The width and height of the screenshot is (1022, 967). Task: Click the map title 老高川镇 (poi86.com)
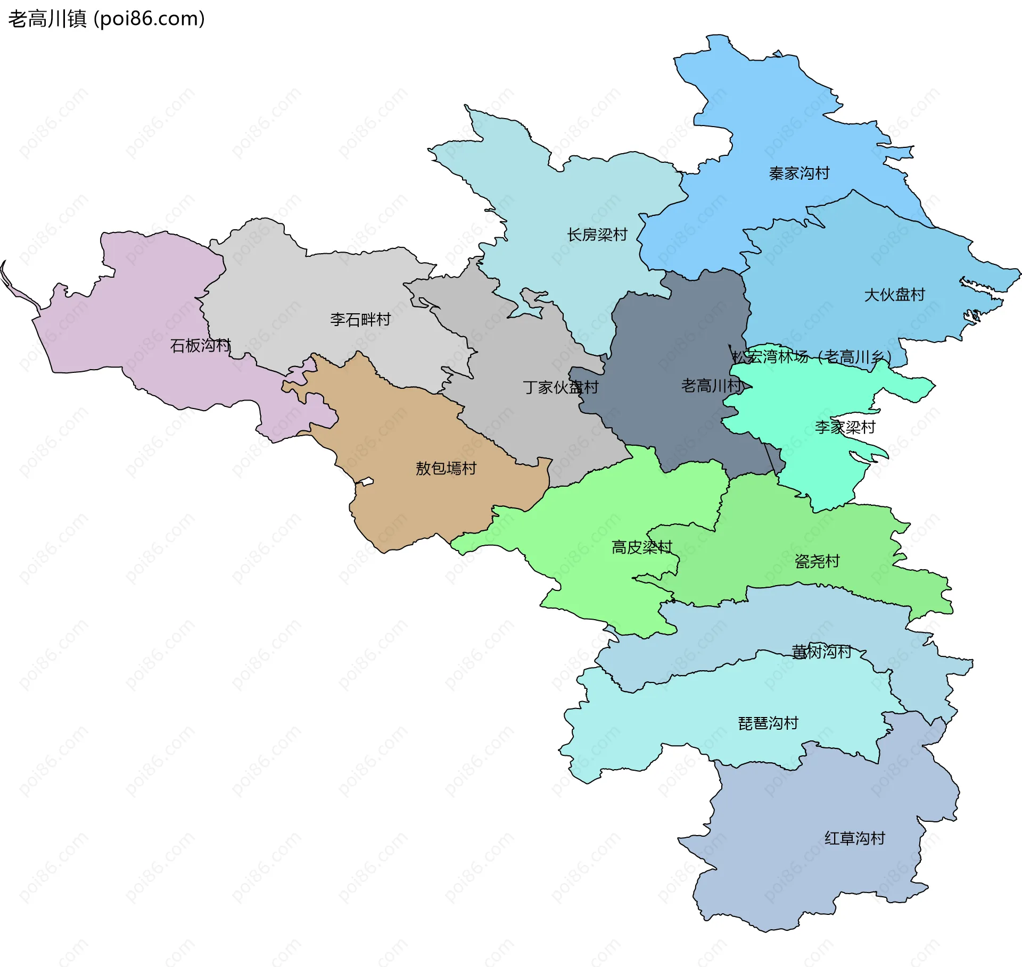click(x=106, y=19)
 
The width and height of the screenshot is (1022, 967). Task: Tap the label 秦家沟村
click(x=799, y=173)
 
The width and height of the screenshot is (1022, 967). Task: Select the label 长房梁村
click(x=597, y=235)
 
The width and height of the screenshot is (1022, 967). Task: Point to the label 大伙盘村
click(x=894, y=295)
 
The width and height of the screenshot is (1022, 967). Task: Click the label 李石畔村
click(x=360, y=320)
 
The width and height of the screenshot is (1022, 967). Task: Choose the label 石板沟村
click(x=200, y=346)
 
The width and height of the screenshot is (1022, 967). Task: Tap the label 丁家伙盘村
click(x=561, y=387)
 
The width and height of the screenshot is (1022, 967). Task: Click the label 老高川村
click(x=711, y=386)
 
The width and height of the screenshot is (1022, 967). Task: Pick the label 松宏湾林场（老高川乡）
click(x=812, y=356)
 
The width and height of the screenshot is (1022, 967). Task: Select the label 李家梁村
click(x=845, y=427)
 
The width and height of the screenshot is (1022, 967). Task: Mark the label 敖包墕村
click(x=446, y=469)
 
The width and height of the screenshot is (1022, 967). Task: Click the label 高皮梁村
click(x=642, y=547)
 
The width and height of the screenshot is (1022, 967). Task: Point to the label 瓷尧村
click(x=817, y=561)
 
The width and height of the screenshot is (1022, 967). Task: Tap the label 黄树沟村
click(x=821, y=652)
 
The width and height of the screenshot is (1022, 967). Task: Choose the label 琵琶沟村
click(x=768, y=723)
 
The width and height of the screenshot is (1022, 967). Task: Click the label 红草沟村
click(x=854, y=838)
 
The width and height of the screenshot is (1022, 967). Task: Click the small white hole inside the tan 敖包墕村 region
click(x=365, y=482)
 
